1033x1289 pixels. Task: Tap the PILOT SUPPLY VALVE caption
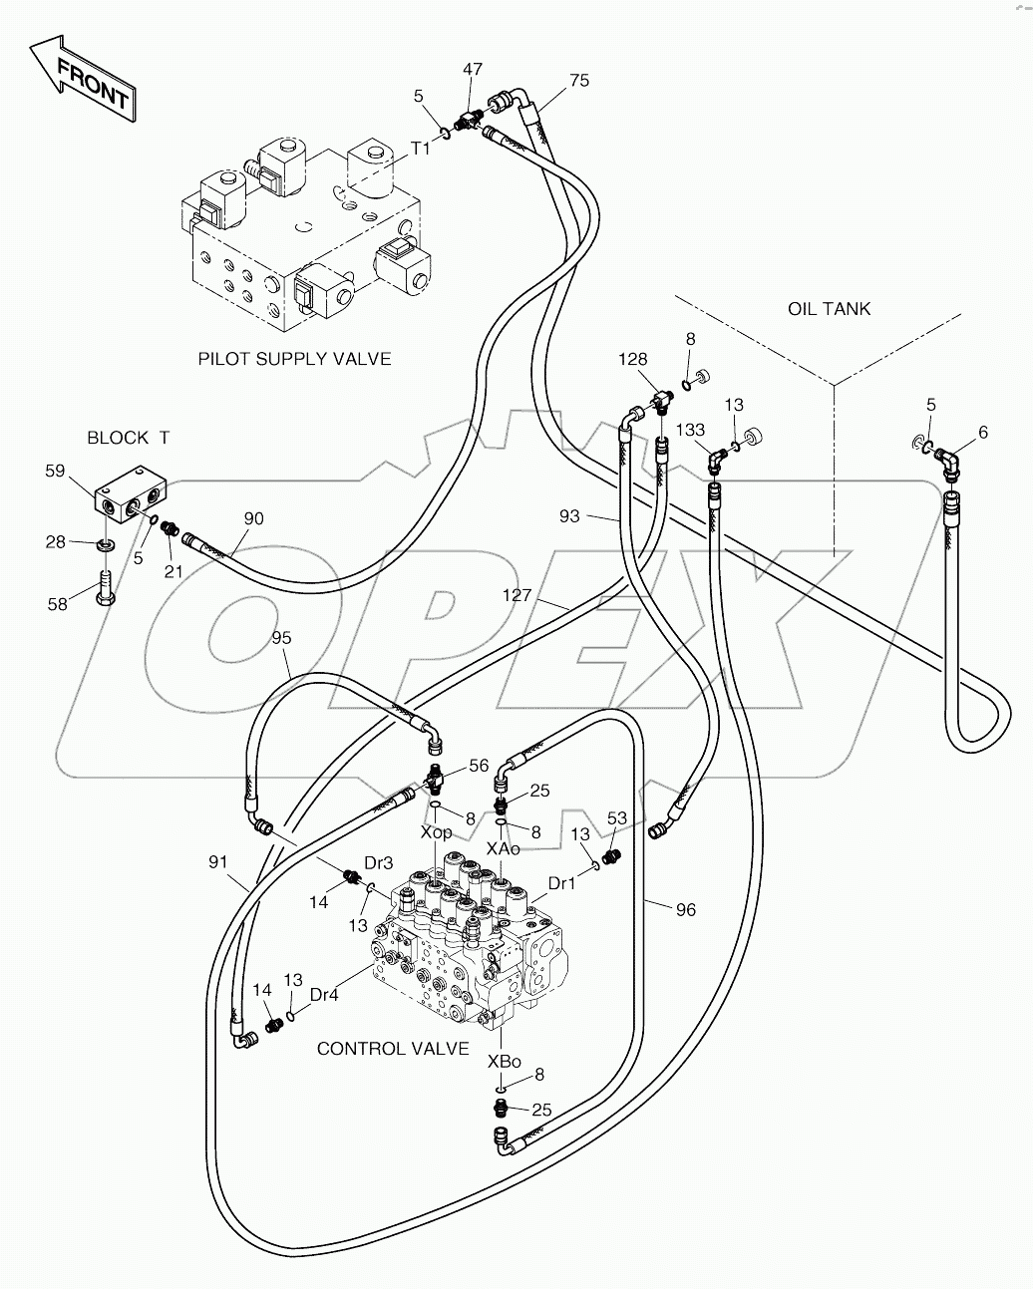294,359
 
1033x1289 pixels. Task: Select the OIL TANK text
829,309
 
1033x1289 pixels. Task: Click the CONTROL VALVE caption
393,1049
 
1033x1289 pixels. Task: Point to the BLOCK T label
129,438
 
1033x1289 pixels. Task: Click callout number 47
473,69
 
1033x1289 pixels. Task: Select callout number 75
579,81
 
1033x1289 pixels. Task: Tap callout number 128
632,359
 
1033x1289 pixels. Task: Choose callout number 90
254,518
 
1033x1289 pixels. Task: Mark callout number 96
685,909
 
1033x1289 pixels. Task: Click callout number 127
516,596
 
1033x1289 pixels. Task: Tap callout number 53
617,818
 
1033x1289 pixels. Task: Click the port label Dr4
323,993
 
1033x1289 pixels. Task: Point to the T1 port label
421,148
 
